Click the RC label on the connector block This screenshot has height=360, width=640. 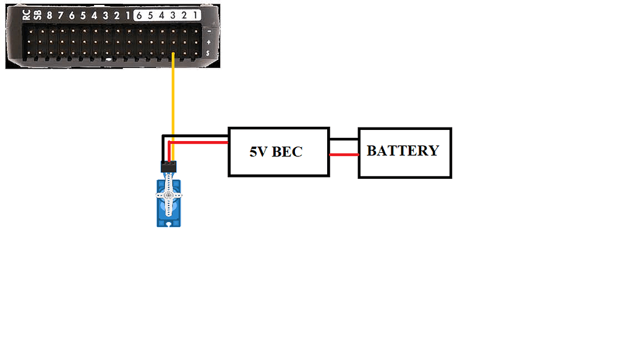26,15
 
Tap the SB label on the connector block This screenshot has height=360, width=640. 37,15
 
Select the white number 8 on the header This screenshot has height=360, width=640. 49,15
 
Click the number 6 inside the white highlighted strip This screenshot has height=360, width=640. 140,15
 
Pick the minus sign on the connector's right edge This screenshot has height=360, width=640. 209,30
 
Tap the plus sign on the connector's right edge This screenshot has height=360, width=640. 209,43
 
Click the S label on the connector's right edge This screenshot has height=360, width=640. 209,54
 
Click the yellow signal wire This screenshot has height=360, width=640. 173,99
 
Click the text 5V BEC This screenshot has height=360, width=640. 276,152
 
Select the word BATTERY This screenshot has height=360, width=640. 403,151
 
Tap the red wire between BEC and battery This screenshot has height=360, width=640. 343,155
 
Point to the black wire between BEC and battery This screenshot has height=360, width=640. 343,139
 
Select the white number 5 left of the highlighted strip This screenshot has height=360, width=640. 83,15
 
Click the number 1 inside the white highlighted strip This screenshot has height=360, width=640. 195,15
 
